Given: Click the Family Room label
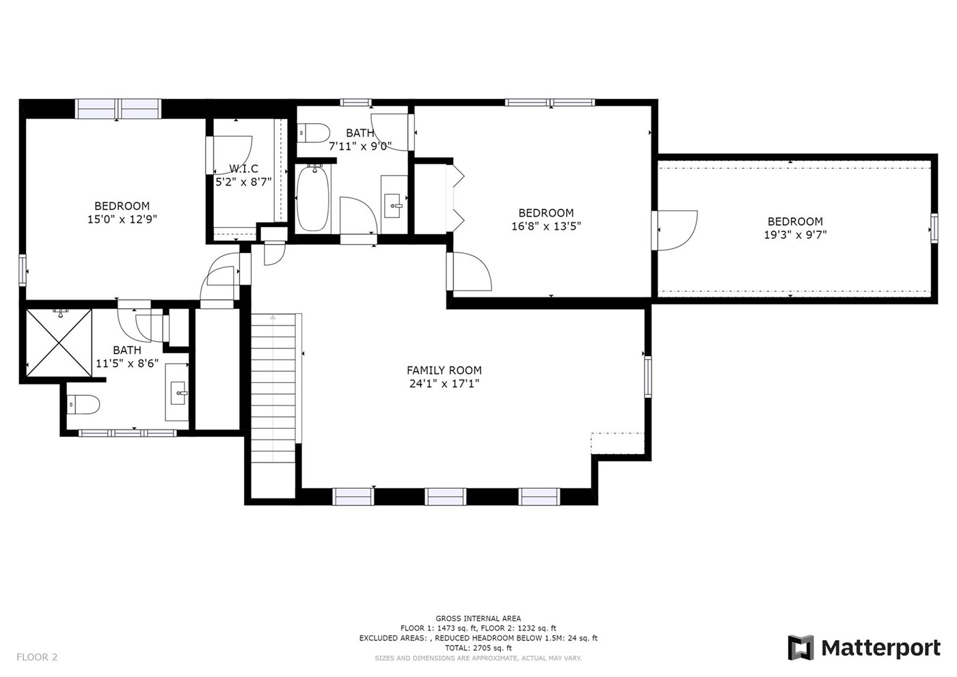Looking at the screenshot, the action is coord(444,370).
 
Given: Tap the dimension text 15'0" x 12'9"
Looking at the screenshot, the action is coord(122,220).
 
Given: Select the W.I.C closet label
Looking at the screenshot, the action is coord(243,168).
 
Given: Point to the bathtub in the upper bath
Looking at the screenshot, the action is coord(313,199).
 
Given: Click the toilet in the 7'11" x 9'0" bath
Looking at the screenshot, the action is coord(314,133).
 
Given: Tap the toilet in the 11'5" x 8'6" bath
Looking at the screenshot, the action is coord(83,404).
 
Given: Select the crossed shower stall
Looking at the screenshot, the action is coord(59,343).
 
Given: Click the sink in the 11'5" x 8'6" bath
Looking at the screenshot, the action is coord(177,393).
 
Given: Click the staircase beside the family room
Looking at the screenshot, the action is coord(273,388).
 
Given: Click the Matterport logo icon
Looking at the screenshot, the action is coord(801,648).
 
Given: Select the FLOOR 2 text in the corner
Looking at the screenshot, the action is coord(37,657).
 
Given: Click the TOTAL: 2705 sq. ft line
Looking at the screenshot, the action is coord(478,648).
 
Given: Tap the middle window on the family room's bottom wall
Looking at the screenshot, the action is coord(446,496).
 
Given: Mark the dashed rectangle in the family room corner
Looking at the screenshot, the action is coord(617,443).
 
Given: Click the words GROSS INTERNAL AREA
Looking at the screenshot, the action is coord(478,618).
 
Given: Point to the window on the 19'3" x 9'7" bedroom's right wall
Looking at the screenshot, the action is coord(934,228).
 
